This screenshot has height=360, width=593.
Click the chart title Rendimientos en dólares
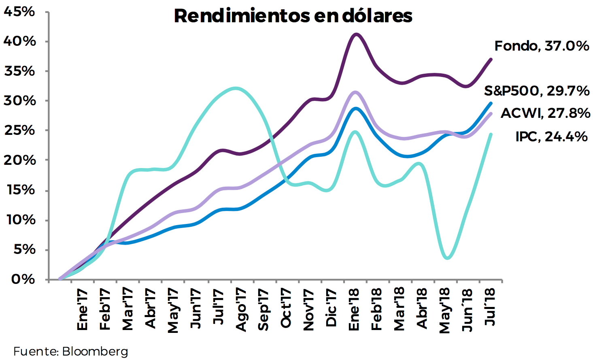coord(293,16)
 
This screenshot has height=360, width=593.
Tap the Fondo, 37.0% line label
coord(542,46)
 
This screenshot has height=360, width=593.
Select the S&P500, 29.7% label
coord(537,91)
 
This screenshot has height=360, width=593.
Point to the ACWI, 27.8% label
coord(545,113)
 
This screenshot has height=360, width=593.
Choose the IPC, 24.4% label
coord(551,136)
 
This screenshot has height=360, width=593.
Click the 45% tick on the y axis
coord(19,12)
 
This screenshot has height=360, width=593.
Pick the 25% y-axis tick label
coord(20,130)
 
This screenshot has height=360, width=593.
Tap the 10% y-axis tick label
coord(20,220)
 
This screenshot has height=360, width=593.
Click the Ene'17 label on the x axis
coord(82,309)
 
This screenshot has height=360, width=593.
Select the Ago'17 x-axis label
coord(240,310)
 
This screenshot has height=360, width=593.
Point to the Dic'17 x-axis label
coord(331,308)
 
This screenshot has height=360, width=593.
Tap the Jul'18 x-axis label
coord(490,307)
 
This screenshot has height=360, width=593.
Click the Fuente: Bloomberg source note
coord(71,351)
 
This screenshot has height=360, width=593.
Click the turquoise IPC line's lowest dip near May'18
coord(447,258)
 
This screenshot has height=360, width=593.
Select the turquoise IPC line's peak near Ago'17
coord(236,88)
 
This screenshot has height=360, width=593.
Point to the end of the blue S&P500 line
coord(491,103)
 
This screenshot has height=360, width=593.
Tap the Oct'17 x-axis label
coord(286,308)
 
